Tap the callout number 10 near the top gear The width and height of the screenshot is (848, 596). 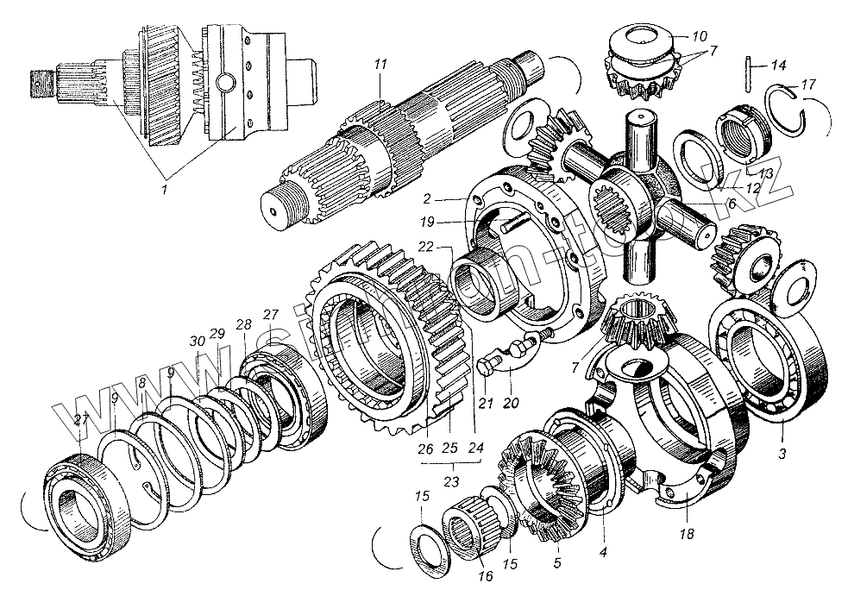(699, 36)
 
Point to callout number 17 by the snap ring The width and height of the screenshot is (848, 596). (807, 85)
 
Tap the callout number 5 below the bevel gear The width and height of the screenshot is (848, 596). (557, 562)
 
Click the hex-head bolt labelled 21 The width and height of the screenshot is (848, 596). (485, 366)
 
